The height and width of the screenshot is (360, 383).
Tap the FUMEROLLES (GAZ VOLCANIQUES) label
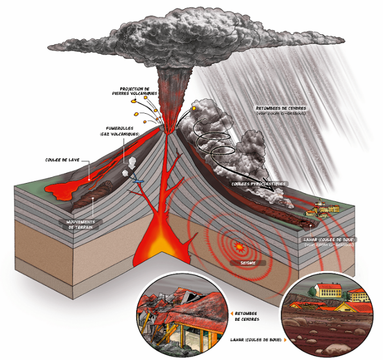click(120, 131)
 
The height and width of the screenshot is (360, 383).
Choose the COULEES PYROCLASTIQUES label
click(259, 183)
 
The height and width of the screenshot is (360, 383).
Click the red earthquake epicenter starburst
click(239, 247)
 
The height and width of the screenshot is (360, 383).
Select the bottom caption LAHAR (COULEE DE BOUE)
click(255, 340)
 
